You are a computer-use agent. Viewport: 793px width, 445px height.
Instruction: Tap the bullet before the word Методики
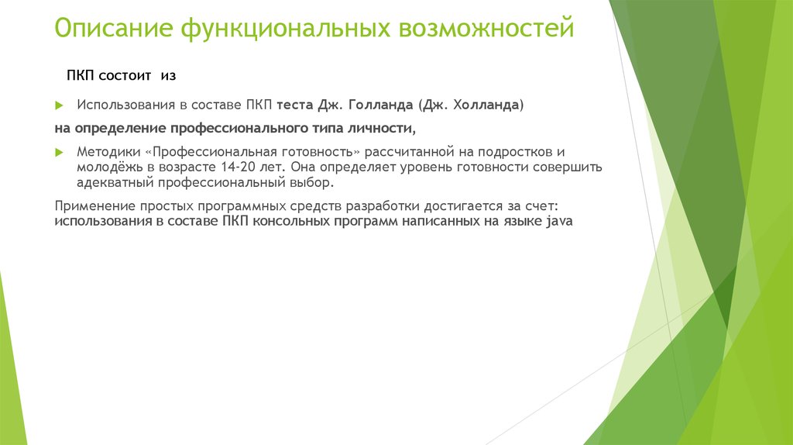60,152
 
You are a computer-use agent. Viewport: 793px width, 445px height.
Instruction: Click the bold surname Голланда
381,105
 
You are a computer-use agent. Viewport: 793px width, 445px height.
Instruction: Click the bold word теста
294,105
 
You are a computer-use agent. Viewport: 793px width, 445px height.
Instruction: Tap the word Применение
94,206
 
